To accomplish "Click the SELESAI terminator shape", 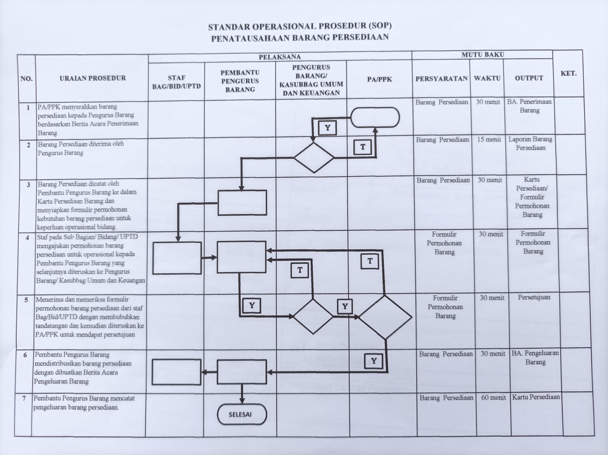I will pyautogui.click(x=241, y=415).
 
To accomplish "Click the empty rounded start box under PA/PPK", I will pyautogui.click(x=375, y=118).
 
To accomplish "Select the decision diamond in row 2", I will pyautogui.click(x=314, y=158).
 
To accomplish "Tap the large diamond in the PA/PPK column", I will pyautogui.click(x=385, y=317).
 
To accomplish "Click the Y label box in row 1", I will pyautogui.click(x=327, y=128).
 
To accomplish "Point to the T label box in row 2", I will pyautogui.click(x=363, y=147).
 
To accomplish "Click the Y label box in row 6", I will pyautogui.click(x=373, y=361).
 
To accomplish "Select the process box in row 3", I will pyautogui.click(x=242, y=202).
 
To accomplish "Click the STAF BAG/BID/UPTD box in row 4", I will pyautogui.click(x=177, y=258).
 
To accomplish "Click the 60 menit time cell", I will pyautogui.click(x=493, y=397).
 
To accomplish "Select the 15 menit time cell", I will pyautogui.click(x=489, y=139).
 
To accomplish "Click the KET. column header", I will pyautogui.click(x=568, y=74).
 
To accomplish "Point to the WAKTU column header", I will pyautogui.click(x=487, y=78).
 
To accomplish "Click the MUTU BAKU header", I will pyautogui.click(x=482, y=55).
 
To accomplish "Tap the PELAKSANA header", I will pyautogui.click(x=280, y=57).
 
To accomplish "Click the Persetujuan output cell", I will pyautogui.click(x=534, y=297).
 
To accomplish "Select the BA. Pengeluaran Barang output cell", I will pyautogui.click(x=535, y=357).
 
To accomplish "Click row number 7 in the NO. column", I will pyautogui.click(x=24, y=399).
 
